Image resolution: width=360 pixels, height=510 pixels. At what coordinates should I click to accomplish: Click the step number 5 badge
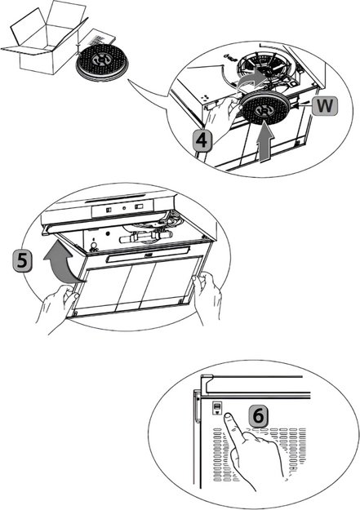(22, 261)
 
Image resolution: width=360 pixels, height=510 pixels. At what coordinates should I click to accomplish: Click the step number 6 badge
(259, 415)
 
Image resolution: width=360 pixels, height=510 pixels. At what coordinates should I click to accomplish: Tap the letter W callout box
(325, 106)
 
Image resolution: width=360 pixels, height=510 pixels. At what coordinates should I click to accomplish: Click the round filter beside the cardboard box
(102, 62)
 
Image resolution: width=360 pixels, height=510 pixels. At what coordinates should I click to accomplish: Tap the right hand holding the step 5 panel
(207, 296)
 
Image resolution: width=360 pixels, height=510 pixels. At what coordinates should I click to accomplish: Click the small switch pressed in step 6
(217, 407)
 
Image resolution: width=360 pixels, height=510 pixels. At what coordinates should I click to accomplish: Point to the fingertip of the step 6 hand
(228, 415)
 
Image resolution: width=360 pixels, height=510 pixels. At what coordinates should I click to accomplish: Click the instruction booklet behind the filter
(101, 38)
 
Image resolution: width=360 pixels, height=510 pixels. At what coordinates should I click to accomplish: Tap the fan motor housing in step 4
(265, 68)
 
